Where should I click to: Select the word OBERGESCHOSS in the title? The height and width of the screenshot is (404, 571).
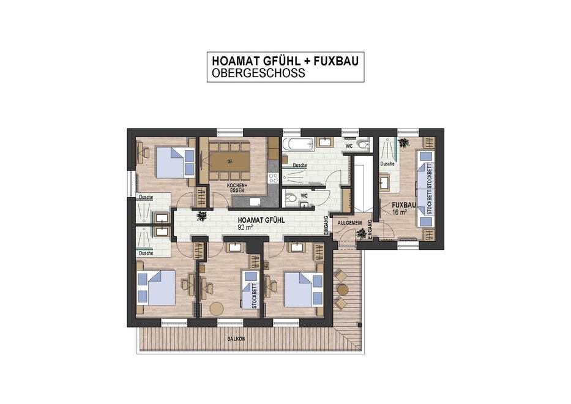click(258, 73)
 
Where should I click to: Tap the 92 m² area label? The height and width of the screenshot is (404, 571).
click(245, 227)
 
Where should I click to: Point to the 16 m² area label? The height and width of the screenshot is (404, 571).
click(400, 212)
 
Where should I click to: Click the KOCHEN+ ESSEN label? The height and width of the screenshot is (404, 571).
click(237, 188)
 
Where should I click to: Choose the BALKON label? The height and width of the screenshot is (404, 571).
click(236, 339)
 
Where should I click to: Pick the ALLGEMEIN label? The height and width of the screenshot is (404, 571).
click(349, 223)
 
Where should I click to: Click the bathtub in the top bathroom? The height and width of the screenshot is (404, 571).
click(298, 144)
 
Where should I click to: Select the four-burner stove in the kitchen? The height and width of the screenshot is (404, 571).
click(273, 178)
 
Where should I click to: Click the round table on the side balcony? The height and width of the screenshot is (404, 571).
click(342, 290)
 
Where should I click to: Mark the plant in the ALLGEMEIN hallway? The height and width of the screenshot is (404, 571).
click(362, 233)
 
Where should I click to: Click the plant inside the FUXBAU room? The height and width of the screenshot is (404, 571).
click(403, 143)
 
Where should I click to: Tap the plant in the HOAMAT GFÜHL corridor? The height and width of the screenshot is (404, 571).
click(201, 216)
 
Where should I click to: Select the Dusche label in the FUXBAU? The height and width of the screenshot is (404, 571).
click(387, 164)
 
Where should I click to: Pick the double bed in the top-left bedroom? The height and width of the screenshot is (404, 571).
click(175, 162)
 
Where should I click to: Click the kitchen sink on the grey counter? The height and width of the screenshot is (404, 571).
click(255, 201)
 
